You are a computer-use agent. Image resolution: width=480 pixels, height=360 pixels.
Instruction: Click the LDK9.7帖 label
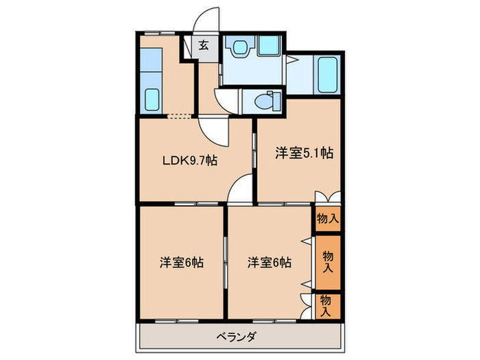tap(189, 162)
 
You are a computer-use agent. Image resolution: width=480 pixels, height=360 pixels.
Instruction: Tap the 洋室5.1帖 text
tap(304, 154)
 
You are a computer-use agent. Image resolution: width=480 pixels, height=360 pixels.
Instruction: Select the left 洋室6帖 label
tap(181, 262)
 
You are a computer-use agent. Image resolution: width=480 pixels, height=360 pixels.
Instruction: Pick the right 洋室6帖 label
tap(269, 262)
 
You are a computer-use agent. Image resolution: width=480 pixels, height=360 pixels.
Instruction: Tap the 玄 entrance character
tap(204, 47)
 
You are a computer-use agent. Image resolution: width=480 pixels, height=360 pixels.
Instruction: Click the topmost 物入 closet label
tap(327, 219)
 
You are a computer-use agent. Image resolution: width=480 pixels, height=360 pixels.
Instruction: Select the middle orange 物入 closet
tap(328, 263)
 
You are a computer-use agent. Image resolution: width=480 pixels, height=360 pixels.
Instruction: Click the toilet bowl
tap(260, 101)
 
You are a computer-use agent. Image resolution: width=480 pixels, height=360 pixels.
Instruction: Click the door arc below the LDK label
tap(241, 190)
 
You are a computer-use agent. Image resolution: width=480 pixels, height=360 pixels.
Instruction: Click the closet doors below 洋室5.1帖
tap(327, 197)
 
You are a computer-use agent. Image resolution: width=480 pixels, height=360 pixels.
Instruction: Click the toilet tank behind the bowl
tap(276, 100)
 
